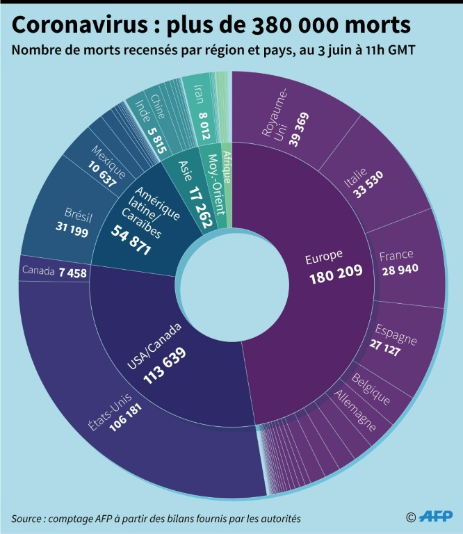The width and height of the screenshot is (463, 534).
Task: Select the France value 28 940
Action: [399, 269]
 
